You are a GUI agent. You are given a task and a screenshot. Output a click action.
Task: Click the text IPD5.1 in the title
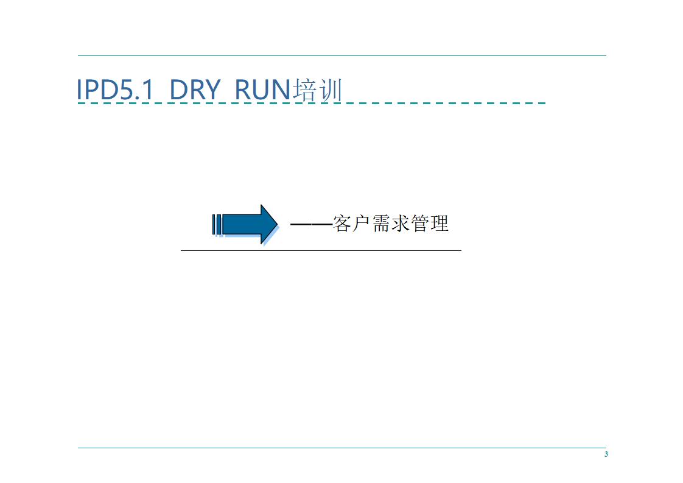tap(114, 90)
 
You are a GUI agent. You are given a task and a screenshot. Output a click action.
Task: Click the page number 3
tap(606, 455)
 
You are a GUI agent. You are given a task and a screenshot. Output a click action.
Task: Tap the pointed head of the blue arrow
tap(268, 224)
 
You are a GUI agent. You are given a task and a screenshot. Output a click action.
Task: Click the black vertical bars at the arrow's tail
tap(215, 224)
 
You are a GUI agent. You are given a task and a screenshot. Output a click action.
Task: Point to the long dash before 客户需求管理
tap(311, 224)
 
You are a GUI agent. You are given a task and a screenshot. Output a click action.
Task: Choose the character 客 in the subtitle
tap(343, 224)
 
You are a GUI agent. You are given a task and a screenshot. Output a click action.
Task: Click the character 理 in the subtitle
tap(439, 224)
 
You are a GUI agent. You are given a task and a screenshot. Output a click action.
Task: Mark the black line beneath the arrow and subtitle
tap(321, 250)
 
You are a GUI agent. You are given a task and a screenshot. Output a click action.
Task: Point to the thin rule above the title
tap(341, 56)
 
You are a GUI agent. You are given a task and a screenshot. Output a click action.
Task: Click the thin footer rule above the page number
tap(341, 448)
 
